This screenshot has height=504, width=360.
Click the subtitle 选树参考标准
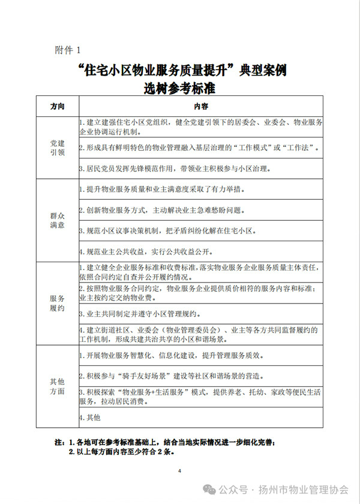[x=179, y=88]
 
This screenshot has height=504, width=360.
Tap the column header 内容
[x=201, y=106]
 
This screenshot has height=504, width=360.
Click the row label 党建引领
[x=58, y=148]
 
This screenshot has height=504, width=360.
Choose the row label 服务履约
[x=58, y=303]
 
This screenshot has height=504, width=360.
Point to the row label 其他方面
[x=58, y=386]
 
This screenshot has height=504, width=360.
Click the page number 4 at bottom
[x=179, y=470]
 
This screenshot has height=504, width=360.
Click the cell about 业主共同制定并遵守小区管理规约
[x=159, y=313]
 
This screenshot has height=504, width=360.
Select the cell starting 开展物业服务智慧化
[x=171, y=355]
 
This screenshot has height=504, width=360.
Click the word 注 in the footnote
[x=59, y=442]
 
